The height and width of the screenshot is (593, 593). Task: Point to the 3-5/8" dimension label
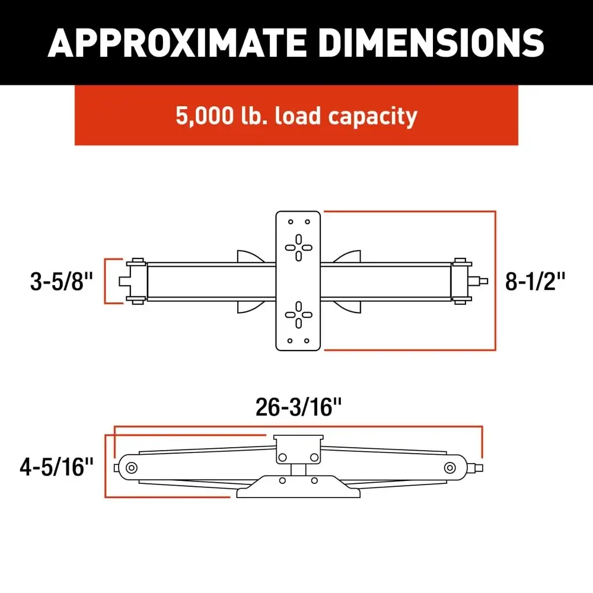62,282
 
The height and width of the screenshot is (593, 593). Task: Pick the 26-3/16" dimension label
299,407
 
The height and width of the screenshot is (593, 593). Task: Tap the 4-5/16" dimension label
57,467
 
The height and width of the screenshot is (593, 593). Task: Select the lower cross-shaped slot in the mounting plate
298,314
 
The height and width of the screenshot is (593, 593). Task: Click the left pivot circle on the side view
130,467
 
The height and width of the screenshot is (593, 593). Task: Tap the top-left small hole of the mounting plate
290,221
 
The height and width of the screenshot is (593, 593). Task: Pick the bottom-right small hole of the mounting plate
307,341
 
